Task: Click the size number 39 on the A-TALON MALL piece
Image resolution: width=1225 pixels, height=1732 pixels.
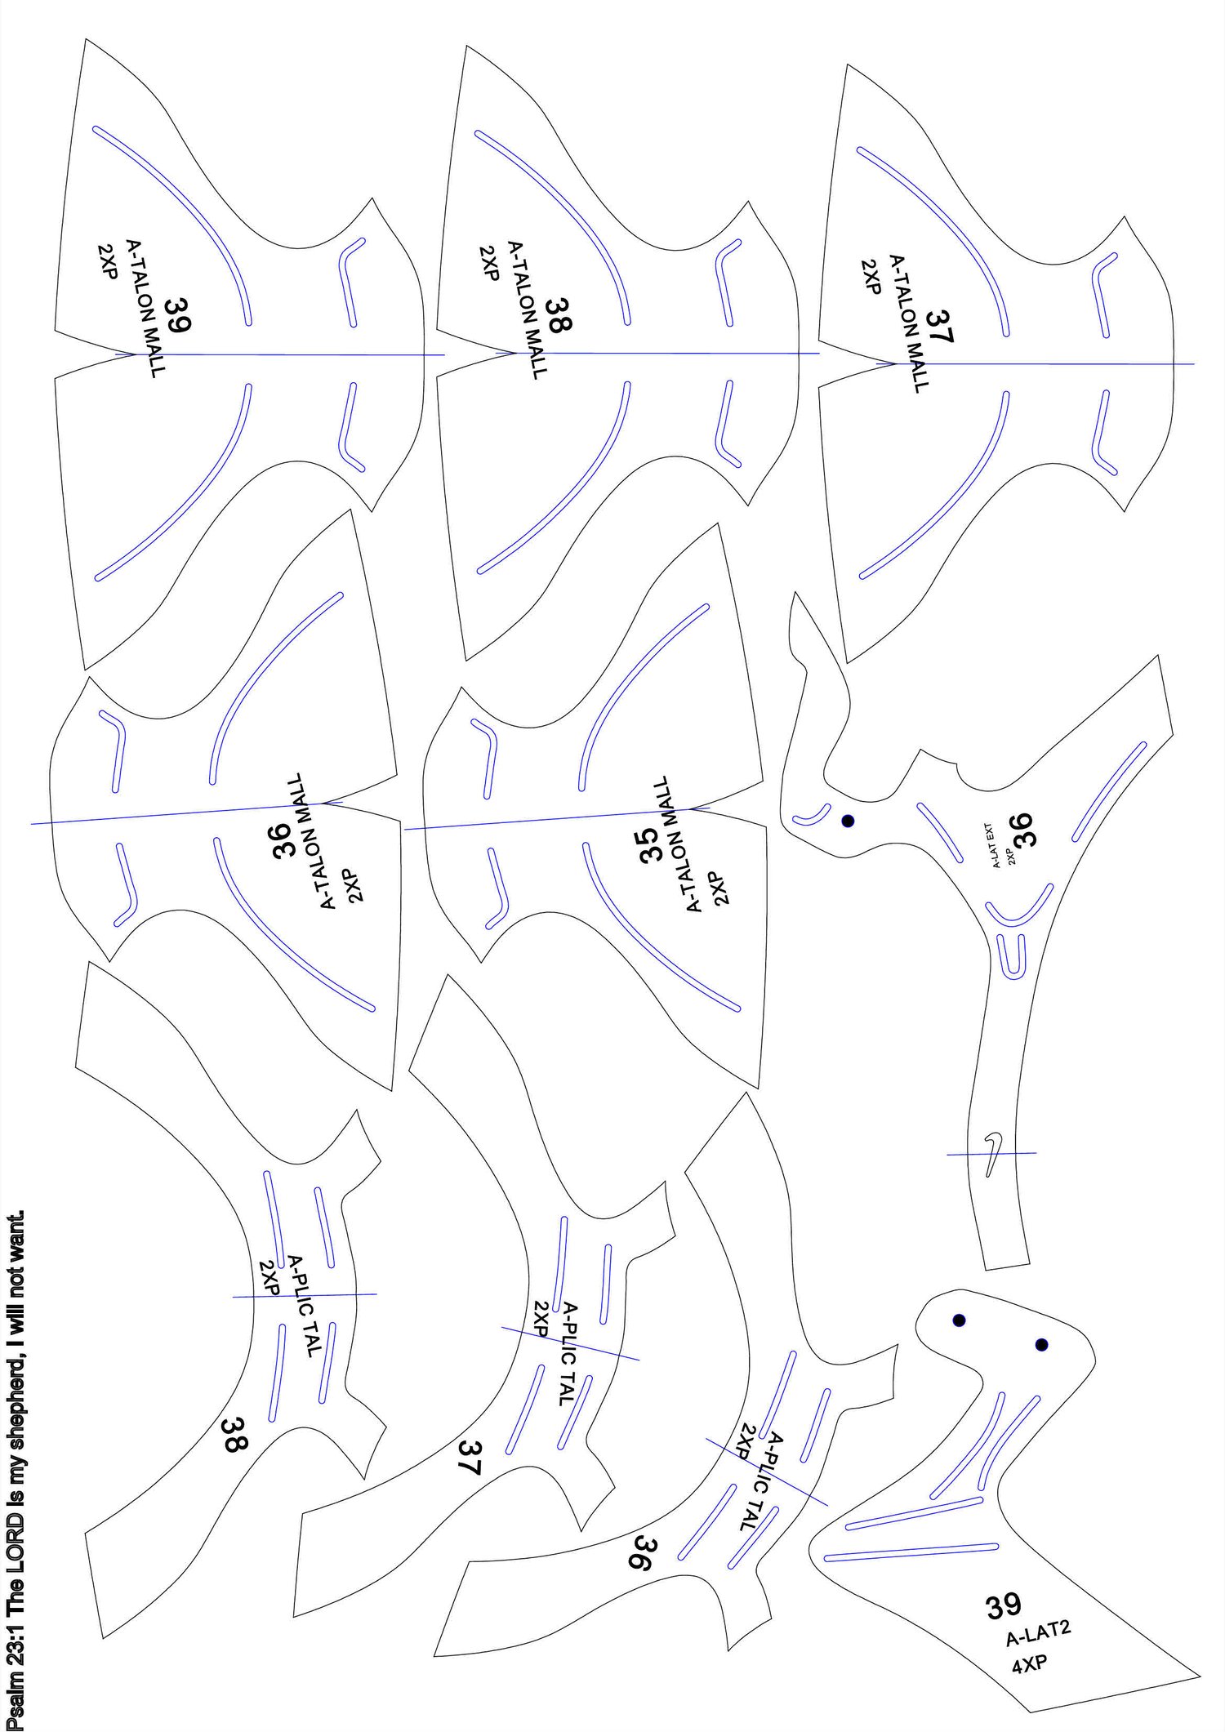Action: (176, 314)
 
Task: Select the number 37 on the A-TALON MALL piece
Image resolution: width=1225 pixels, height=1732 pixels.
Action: (939, 325)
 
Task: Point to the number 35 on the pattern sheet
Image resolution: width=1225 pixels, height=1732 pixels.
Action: (649, 845)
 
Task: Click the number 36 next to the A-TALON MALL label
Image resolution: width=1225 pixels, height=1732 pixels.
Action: (282, 841)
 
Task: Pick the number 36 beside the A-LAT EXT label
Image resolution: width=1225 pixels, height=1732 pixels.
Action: (1022, 830)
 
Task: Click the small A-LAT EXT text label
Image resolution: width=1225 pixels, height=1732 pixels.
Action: (996, 845)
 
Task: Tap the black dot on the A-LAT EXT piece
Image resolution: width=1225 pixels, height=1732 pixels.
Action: (848, 821)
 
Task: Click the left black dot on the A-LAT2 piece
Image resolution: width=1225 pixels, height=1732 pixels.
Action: (959, 1320)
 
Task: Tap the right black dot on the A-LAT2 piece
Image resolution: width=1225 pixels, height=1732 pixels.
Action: (1041, 1345)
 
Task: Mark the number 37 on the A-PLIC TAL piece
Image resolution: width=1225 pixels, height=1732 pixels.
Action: (470, 1458)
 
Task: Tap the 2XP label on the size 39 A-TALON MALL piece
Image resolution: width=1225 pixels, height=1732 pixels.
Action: (107, 261)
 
